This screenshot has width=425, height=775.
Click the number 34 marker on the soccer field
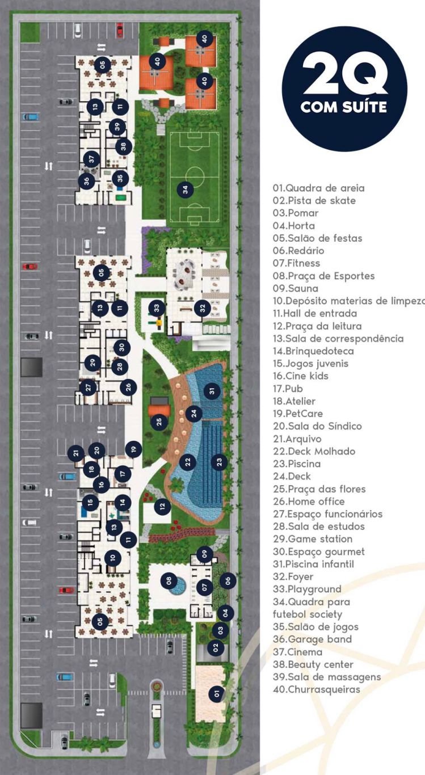[186, 189]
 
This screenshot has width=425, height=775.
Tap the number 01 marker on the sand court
[215, 693]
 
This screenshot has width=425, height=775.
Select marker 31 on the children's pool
[212, 390]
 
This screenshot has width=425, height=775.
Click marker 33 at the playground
[157, 308]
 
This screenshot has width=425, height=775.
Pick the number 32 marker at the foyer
[202, 308]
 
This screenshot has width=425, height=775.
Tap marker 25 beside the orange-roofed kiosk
[159, 421]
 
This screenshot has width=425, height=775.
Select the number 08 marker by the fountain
[169, 580]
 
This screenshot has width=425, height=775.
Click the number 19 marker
[133, 449]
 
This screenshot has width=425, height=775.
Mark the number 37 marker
[91, 159]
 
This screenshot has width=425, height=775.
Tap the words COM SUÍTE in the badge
[344, 107]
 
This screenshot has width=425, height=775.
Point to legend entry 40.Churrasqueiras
[316, 690]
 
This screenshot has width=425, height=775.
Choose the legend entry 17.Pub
[288, 389]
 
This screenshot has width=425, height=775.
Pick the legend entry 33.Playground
[307, 589]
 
